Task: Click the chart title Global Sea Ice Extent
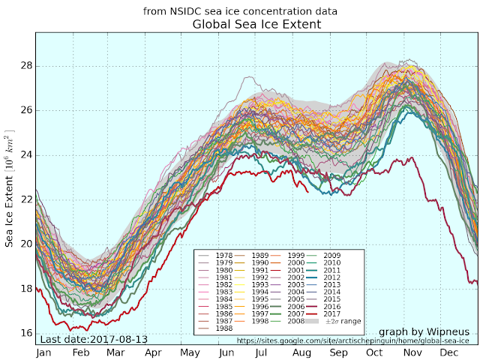256,25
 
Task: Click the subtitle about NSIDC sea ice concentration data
240,11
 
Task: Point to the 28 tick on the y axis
26,65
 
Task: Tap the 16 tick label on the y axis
26,333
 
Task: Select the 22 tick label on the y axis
26,199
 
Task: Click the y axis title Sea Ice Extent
10,199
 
